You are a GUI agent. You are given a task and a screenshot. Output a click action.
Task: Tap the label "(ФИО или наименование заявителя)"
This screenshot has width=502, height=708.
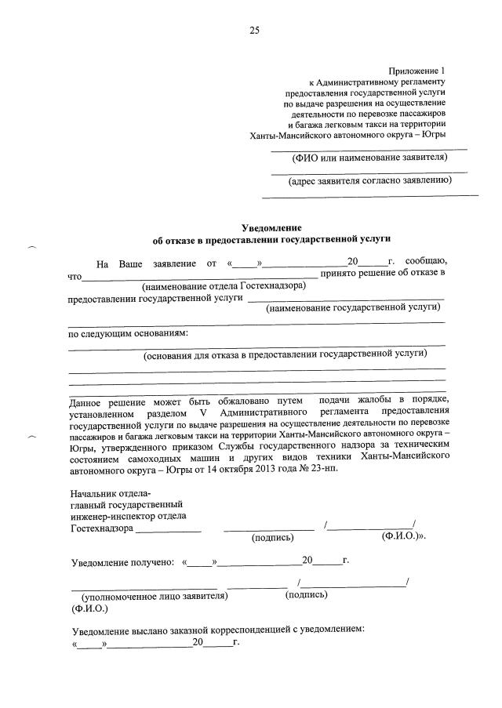[369, 157]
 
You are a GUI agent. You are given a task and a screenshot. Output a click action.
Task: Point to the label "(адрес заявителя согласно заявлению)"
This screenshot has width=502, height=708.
[370, 180]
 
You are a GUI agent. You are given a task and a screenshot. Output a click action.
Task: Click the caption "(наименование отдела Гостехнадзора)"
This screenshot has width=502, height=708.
[224, 286]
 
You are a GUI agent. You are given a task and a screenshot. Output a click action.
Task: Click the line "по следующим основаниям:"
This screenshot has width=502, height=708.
[129, 332]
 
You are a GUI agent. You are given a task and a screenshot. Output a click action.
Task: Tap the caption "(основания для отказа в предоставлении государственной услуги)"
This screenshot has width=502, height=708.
[285, 354]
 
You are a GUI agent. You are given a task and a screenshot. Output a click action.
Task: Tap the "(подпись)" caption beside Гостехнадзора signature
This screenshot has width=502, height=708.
[272, 538]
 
